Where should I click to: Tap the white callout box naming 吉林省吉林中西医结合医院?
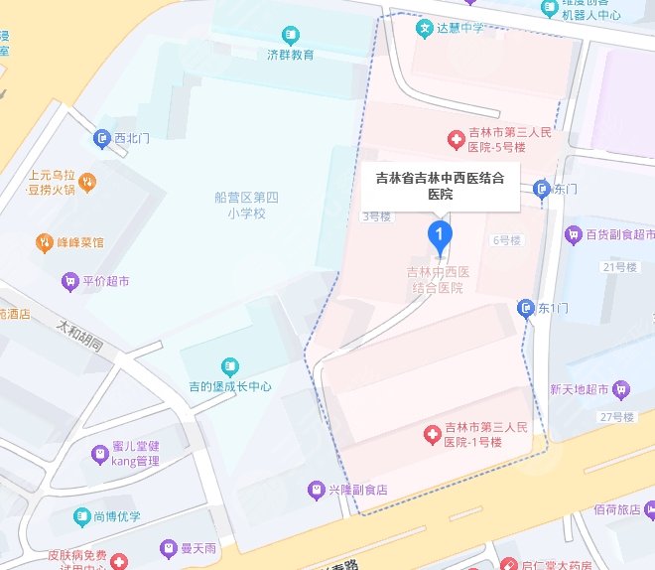pos(440,186)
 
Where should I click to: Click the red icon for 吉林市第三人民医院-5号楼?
pos(456,140)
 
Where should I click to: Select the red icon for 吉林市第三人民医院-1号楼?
pos(432,434)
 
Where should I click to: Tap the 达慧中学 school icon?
pos(424,28)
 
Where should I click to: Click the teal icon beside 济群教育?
pos(291,34)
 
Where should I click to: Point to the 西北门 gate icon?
pos(101,139)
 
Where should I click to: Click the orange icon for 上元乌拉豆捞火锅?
pos(87,181)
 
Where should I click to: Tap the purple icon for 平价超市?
pos(69,281)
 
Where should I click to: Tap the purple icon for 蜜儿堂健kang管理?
pos(99,454)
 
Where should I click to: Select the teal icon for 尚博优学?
pos(83,516)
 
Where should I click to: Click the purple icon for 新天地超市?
pos(621,388)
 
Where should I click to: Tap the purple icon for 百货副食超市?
pos(572,235)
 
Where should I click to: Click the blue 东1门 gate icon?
pos(526,308)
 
